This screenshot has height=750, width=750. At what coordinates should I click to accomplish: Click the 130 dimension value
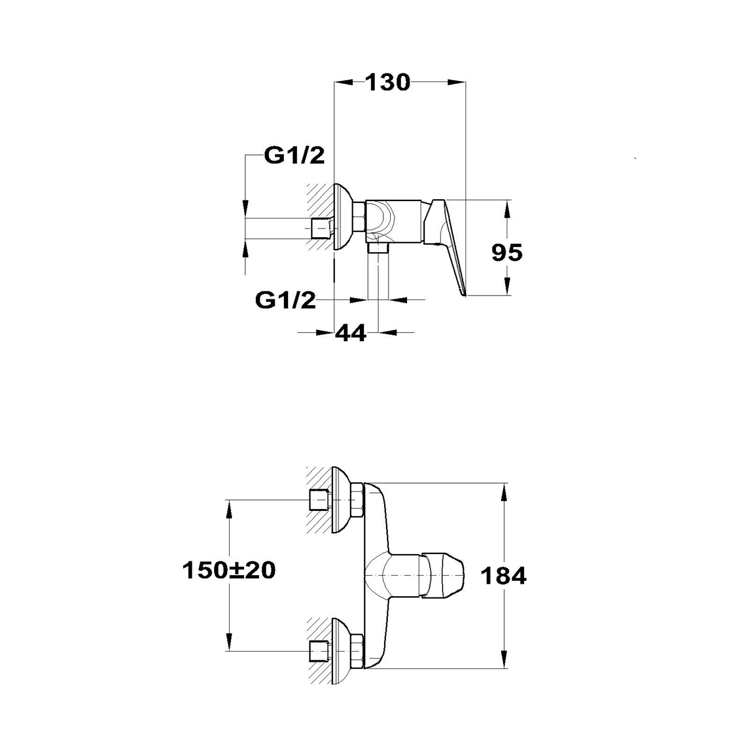click(x=387, y=82)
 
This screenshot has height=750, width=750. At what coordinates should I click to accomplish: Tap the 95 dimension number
click(x=507, y=253)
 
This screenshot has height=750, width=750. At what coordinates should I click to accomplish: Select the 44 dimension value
click(x=350, y=333)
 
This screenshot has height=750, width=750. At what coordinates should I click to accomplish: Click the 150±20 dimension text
click(x=229, y=571)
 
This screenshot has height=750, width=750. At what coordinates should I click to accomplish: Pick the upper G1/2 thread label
click(x=294, y=156)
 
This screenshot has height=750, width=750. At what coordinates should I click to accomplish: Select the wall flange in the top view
click(x=343, y=217)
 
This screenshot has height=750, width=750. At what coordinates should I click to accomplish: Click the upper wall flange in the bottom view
click(x=342, y=500)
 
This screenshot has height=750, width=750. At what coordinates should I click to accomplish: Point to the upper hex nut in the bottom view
click(x=357, y=500)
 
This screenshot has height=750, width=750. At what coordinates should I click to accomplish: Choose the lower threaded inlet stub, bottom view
click(x=320, y=650)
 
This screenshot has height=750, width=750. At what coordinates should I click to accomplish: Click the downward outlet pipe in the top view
click(x=378, y=272)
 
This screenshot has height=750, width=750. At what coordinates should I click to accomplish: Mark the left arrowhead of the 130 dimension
click(x=344, y=82)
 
